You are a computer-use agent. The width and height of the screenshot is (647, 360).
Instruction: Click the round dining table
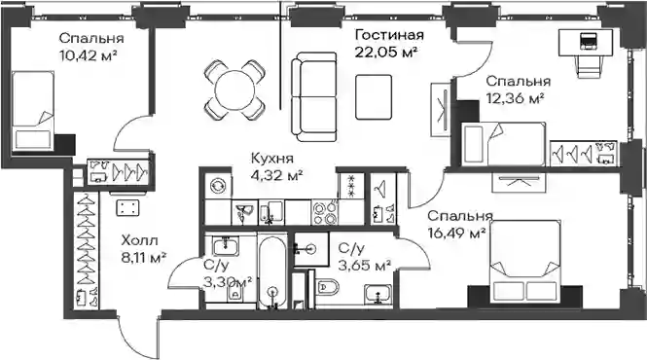[234, 90]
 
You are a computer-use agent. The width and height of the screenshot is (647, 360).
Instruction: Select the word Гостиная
[389, 35]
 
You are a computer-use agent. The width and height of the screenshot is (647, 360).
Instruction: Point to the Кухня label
[272, 159]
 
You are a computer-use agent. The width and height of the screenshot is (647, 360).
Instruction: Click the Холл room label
[139, 240]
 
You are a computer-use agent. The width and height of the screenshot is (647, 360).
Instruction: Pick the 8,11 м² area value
[143, 259]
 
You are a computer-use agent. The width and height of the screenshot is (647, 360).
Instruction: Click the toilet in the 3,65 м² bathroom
[326, 286]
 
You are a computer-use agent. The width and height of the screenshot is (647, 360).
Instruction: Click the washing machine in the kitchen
[218, 185]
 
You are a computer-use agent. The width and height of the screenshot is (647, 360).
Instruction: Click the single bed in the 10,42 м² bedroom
[33, 110]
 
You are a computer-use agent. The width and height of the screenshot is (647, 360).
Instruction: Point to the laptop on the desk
[587, 41]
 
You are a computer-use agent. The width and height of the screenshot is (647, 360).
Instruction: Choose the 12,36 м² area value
[515, 98]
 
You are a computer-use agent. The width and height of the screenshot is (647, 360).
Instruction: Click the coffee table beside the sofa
[374, 97]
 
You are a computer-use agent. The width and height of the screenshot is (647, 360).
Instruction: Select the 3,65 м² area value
[364, 266]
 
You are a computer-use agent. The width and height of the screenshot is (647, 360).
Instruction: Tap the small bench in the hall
[127, 207]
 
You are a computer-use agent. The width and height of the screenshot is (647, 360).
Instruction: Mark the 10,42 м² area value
[88, 54]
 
